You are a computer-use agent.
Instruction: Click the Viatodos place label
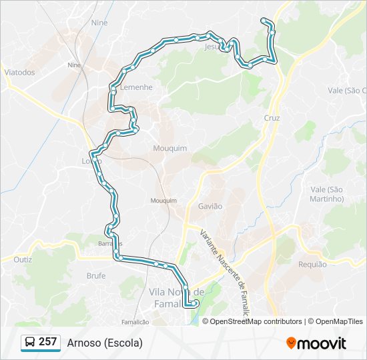click(19, 72)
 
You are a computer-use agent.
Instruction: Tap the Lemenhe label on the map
click(136, 87)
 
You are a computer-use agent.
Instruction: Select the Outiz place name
click(23, 259)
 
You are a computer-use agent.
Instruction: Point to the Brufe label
click(96, 275)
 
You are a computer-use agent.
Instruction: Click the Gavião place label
click(210, 207)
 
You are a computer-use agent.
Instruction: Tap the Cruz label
click(272, 118)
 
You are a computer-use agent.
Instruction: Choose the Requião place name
click(313, 265)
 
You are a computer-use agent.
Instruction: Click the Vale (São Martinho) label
click(326, 194)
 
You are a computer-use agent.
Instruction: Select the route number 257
click(47, 342)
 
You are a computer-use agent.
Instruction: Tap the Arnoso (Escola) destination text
click(105, 343)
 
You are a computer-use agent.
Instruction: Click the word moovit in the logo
click(322, 343)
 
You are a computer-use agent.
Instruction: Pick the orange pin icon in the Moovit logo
click(291, 343)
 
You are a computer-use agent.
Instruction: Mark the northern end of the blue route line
click(264, 20)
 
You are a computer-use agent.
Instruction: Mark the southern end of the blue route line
click(196, 304)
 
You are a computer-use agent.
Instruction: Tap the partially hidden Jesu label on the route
click(212, 47)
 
